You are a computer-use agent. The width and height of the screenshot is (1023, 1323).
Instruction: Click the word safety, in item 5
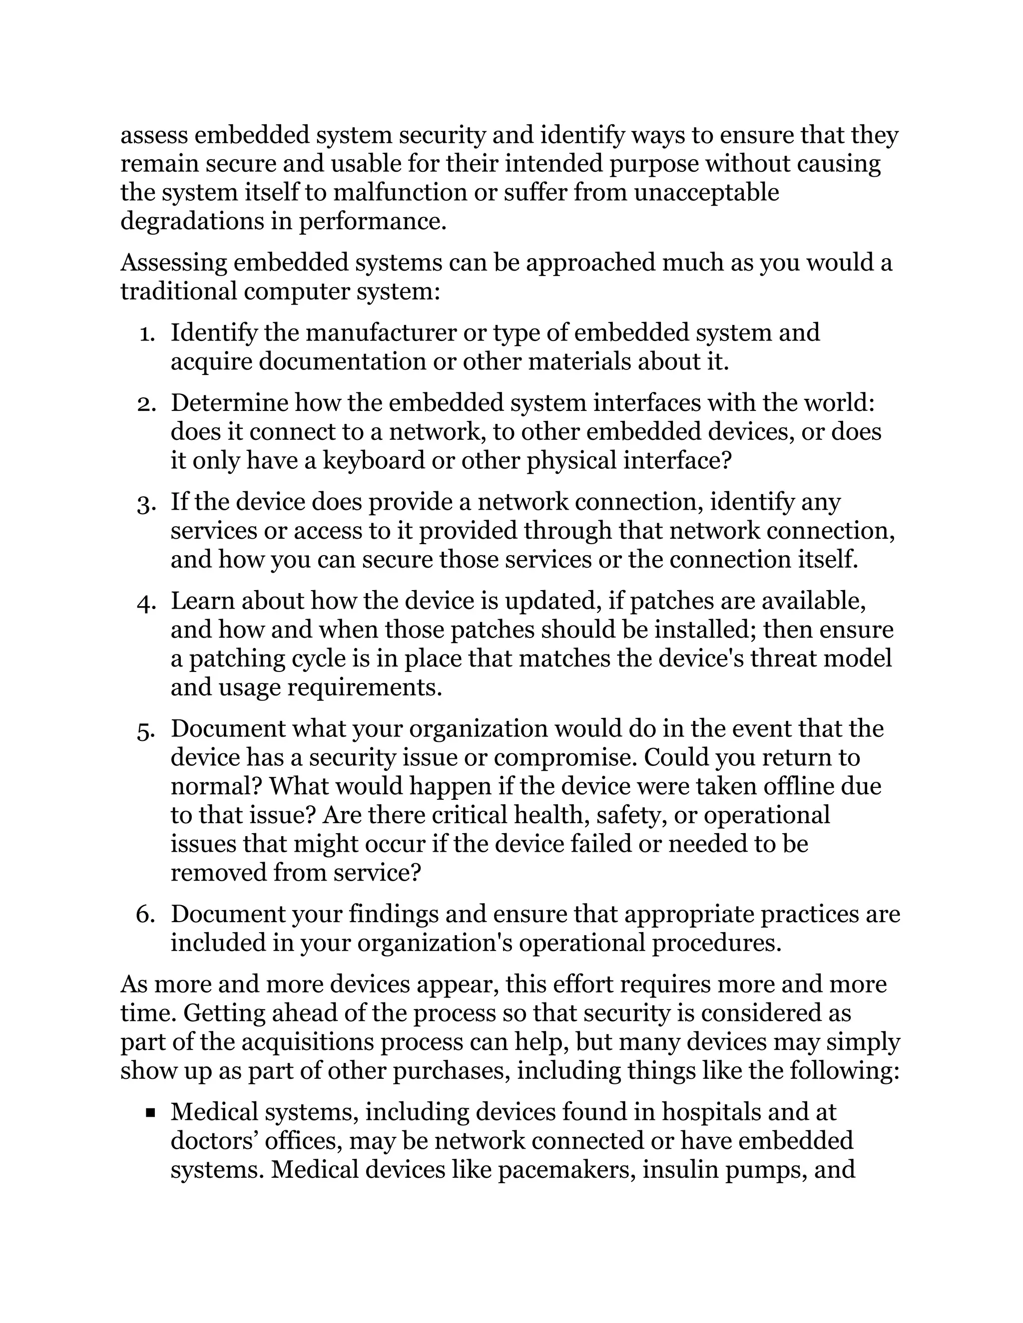pos(631,815)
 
